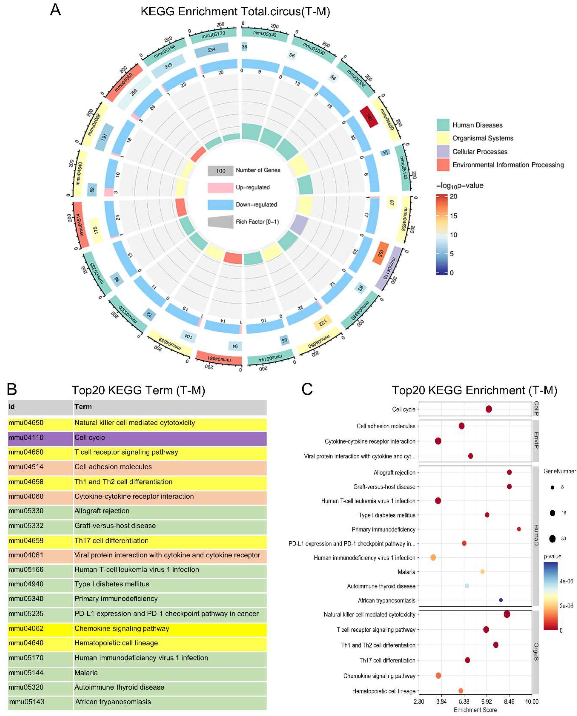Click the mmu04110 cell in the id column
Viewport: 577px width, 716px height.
click(x=26, y=437)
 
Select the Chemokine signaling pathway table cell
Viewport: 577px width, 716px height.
click(x=122, y=628)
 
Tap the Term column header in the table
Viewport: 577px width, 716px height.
click(x=83, y=407)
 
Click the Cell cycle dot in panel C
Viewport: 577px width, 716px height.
click(x=489, y=409)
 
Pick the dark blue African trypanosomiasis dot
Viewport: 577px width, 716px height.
click(x=501, y=600)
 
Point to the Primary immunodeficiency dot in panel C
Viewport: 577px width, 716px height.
click(x=519, y=529)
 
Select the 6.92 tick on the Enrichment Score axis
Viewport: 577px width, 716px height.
click(x=487, y=702)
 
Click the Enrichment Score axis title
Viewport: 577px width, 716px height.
click(x=475, y=710)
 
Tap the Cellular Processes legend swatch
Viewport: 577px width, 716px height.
click(x=443, y=152)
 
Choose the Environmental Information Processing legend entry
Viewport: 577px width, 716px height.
click(x=508, y=165)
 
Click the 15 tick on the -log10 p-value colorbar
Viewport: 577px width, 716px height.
click(x=453, y=216)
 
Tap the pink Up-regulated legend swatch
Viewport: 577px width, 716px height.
click(x=220, y=187)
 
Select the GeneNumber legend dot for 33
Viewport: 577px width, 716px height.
click(x=552, y=538)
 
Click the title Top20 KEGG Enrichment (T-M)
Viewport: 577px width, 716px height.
click(x=474, y=390)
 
